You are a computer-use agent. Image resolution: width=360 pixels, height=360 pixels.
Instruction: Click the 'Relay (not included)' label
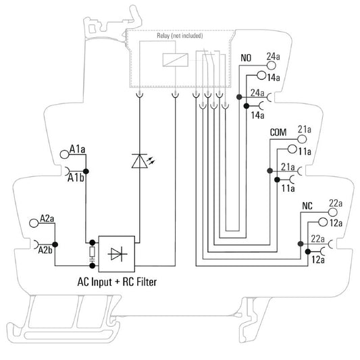click(180, 36)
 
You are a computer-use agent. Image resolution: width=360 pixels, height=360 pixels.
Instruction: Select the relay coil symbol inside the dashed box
click(176, 60)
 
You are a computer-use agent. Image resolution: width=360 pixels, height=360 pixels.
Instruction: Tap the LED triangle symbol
click(140, 161)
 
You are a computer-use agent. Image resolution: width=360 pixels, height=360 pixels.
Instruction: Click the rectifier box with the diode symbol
click(117, 254)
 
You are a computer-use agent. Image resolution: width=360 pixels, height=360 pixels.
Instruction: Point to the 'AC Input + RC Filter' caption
click(117, 282)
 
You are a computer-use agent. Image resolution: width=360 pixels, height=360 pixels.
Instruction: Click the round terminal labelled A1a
click(65, 154)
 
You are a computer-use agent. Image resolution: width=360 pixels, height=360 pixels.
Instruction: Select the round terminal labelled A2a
click(34, 223)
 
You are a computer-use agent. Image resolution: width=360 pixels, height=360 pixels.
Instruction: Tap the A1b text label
click(76, 178)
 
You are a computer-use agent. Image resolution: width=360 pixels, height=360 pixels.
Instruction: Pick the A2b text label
click(45, 250)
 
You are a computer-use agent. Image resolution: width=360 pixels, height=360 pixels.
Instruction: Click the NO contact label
click(246, 58)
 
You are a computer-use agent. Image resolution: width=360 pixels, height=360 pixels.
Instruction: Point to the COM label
click(278, 132)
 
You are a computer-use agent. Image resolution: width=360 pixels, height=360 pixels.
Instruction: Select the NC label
click(307, 206)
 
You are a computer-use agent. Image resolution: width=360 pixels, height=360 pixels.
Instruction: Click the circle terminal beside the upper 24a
click(271, 66)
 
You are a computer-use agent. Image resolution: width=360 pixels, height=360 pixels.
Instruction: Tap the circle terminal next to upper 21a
click(302, 139)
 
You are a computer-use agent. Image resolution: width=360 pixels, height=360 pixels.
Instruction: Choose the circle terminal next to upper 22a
click(333, 212)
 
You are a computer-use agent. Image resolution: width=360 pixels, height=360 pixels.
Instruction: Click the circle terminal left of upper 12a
click(323, 222)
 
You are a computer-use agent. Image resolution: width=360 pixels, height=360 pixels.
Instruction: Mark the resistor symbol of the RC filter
click(93, 252)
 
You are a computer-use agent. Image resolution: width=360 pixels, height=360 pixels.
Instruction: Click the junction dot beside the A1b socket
click(86, 172)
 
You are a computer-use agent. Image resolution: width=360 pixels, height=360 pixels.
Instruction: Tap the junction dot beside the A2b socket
click(55, 245)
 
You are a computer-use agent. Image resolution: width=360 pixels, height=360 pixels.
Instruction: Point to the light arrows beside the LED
click(151, 161)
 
